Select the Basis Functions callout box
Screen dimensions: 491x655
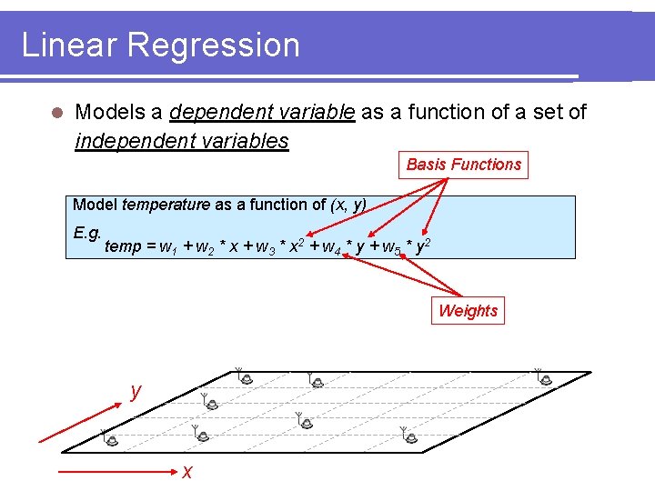tap(463, 165)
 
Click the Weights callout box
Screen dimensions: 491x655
tap(468, 311)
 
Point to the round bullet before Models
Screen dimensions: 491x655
tap(56, 114)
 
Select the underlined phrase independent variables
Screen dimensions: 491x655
tap(182, 141)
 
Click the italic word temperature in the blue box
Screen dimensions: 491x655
tap(166, 205)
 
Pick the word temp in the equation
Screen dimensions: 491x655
tap(123, 246)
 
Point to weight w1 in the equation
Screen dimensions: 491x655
tap(166, 247)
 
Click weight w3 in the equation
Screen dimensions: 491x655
tap(265, 247)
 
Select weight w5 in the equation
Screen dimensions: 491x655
tap(391, 247)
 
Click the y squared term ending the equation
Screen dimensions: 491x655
tap(422, 245)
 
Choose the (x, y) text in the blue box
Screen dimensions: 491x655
tap(347, 205)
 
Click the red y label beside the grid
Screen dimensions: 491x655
tap(136, 391)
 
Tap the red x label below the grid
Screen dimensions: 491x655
tap(186, 471)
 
